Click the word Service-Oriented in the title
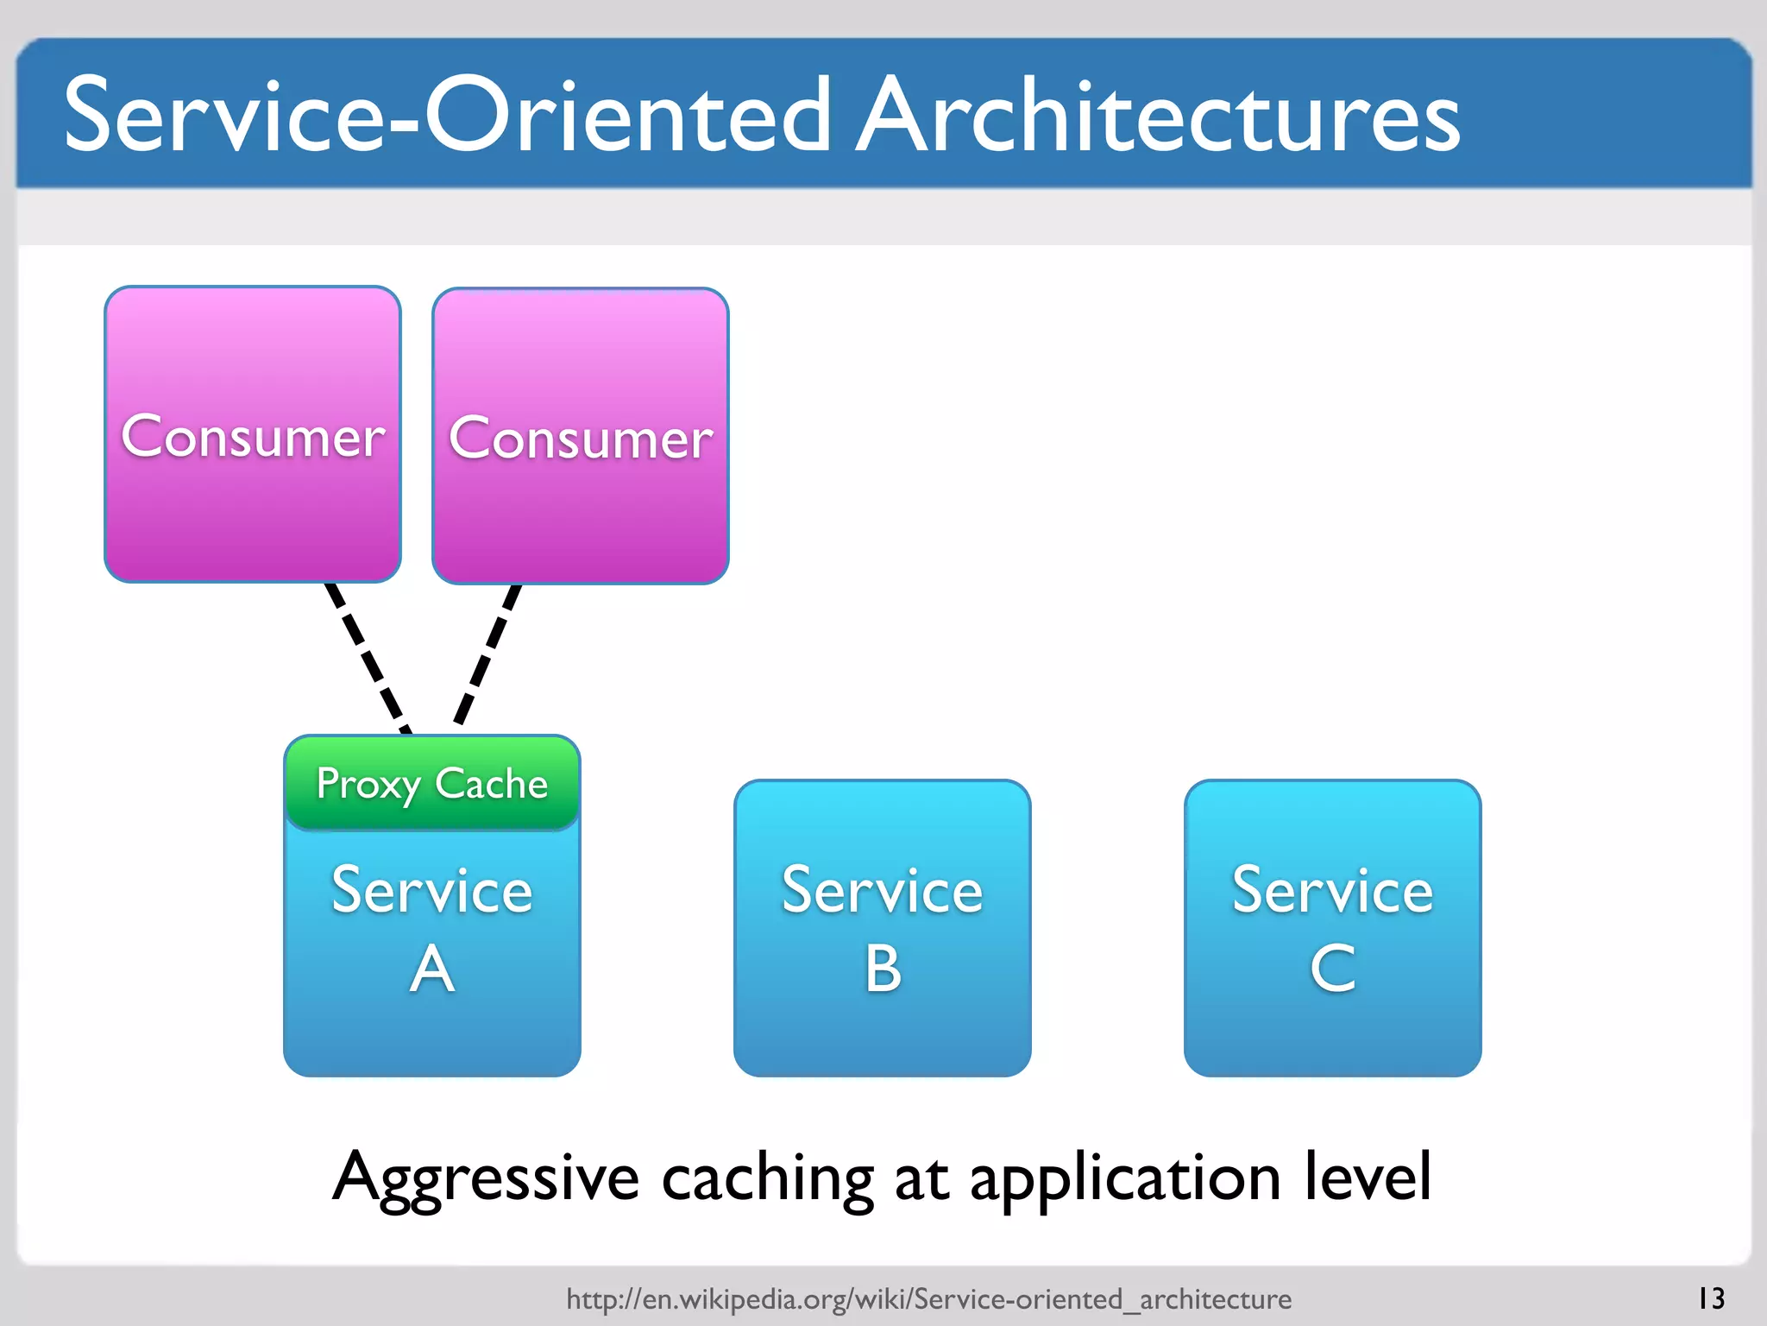(x=447, y=117)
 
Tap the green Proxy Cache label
(x=431, y=784)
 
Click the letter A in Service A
(x=432, y=969)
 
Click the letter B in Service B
(x=883, y=969)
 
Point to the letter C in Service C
(x=1332, y=969)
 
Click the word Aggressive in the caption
(x=485, y=1178)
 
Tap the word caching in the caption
(x=767, y=1178)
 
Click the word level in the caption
(x=1368, y=1176)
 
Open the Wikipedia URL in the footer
(x=928, y=1298)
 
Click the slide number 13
(x=1710, y=1298)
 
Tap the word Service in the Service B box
(x=883, y=890)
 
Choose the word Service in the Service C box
(x=1332, y=890)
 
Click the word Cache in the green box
(x=491, y=784)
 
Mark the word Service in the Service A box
(x=432, y=890)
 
